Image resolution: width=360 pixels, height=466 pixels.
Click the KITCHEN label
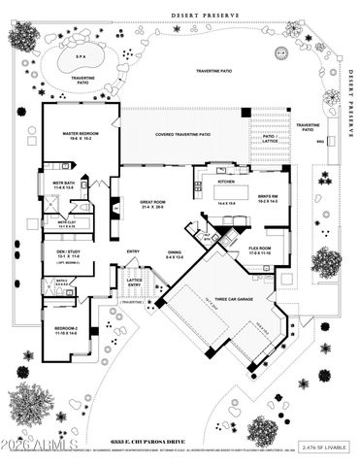coord(226,182)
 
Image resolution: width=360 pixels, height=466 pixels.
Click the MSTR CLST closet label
coord(66,223)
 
